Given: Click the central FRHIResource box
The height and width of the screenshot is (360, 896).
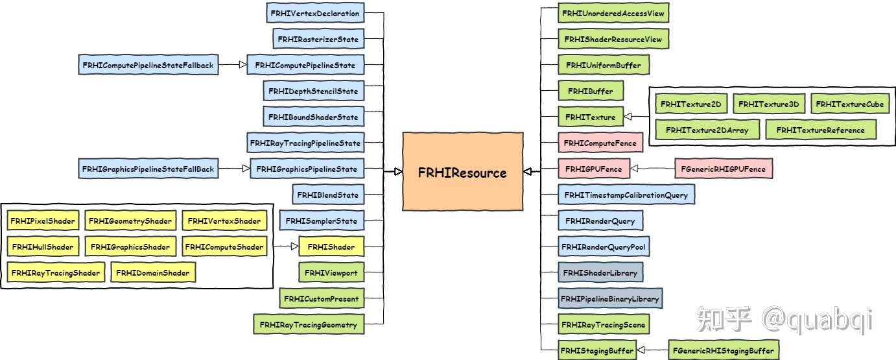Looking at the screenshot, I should click(462, 172).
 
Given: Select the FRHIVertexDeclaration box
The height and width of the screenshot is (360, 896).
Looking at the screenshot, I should click(315, 14).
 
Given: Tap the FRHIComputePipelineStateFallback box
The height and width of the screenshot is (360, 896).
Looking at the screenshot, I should click(147, 65).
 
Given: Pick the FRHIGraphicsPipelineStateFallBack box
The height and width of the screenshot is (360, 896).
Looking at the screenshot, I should click(148, 169).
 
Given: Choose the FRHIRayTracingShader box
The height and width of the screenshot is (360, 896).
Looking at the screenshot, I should click(55, 273).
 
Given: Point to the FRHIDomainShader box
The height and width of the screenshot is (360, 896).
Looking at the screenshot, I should click(153, 273).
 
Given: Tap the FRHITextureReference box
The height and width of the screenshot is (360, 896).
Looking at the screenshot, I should click(820, 130).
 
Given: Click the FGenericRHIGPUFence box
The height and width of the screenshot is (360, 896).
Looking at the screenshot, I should click(724, 169).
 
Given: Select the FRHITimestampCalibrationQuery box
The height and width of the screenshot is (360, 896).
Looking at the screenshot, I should click(626, 195).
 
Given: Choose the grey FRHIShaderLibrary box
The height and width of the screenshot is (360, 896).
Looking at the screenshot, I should click(600, 272).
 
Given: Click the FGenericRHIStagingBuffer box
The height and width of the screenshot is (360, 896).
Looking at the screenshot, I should click(723, 351).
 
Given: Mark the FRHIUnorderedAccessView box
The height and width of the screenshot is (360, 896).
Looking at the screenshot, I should click(613, 13).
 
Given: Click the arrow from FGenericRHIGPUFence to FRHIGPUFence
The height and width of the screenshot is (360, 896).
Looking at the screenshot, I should click(652, 169).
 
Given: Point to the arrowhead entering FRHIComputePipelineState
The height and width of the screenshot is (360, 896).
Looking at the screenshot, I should click(242, 65).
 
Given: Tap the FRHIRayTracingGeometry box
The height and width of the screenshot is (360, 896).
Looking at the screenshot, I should click(308, 324).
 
